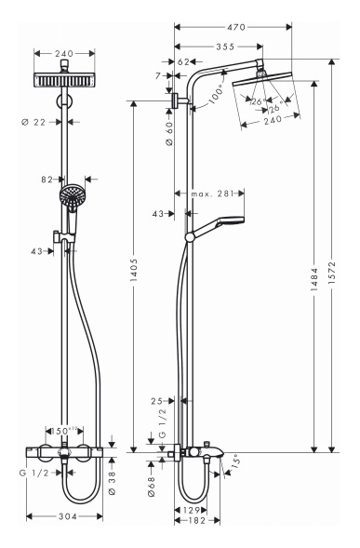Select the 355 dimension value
(x=225, y=47)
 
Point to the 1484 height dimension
(x=314, y=280)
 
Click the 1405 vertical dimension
(x=134, y=271)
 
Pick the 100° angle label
(x=217, y=95)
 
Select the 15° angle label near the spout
(x=235, y=461)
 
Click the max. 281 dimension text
(x=212, y=194)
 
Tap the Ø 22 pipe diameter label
(x=33, y=122)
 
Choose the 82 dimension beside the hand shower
(x=47, y=180)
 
